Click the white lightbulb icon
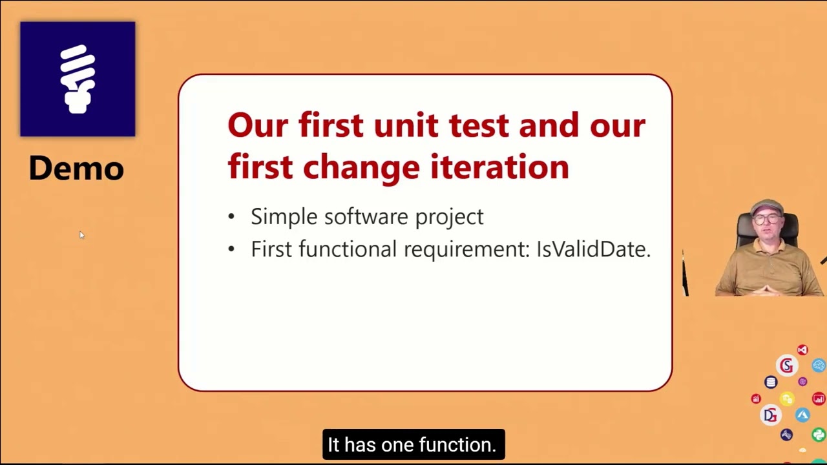(78, 79)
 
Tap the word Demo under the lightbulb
(76, 168)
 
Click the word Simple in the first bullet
(284, 217)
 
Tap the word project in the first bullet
(449, 218)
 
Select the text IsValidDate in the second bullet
(592, 249)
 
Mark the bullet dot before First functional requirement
(232, 250)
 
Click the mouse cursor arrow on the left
(81, 235)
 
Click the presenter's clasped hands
(766, 289)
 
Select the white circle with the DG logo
(770, 415)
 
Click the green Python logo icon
(819, 435)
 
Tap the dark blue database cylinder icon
(771, 382)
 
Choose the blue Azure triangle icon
(802, 415)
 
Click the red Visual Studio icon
(802, 350)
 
